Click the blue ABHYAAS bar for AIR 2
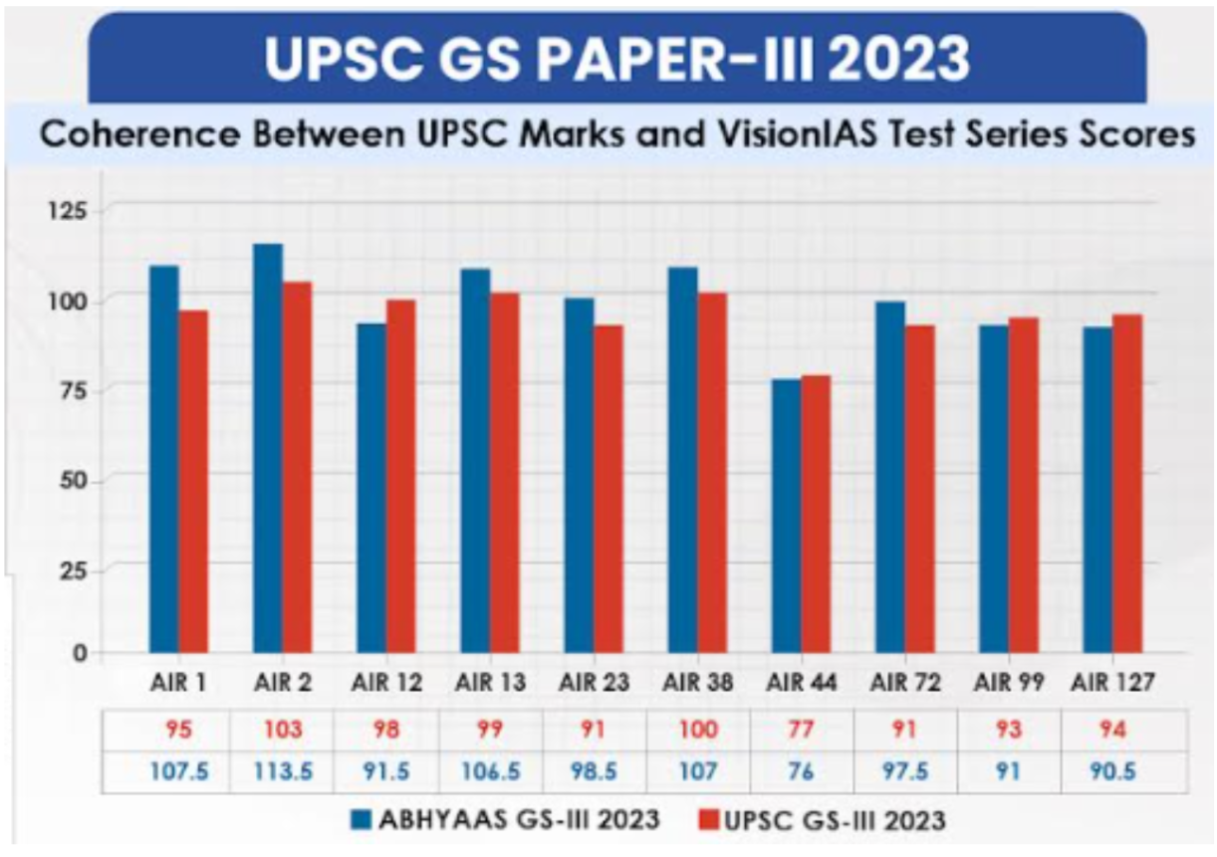click(268, 448)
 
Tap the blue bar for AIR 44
click(786, 515)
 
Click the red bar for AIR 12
click(400, 476)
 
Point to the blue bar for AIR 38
click(682, 460)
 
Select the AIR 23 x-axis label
click(594, 685)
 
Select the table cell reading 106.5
click(490, 772)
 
